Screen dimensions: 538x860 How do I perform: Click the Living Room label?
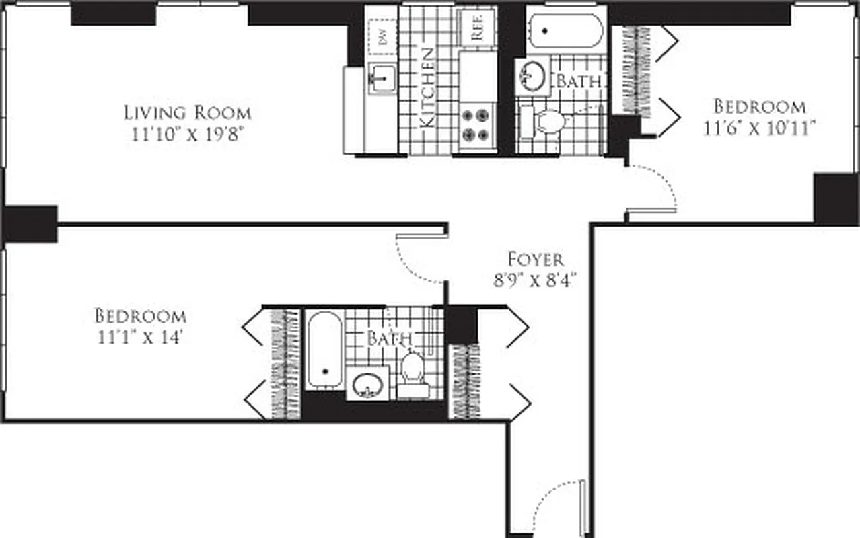187,112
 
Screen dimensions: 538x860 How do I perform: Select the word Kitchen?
427,87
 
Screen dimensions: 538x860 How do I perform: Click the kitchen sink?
382,78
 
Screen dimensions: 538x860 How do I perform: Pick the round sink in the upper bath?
533,75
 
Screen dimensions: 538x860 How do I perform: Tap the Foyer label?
535,259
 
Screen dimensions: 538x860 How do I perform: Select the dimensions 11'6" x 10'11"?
760,128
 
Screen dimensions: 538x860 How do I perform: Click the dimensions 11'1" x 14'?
140,336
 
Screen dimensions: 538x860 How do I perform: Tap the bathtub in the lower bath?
324,350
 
